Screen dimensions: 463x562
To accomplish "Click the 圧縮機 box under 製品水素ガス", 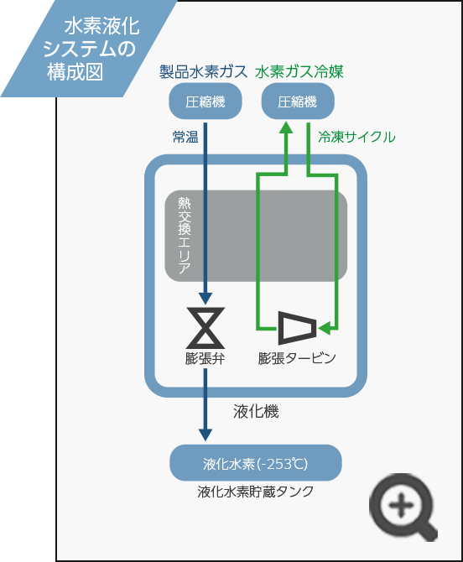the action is pos(205,101).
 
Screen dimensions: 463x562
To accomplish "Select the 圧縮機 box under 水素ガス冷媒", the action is pos(298,101).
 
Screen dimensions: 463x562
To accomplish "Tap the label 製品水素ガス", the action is pos(203,71).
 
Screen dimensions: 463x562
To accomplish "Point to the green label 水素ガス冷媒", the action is pos(299,71).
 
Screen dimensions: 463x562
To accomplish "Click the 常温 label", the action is pos(185,137).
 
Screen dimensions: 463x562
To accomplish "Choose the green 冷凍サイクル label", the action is pos(356,137).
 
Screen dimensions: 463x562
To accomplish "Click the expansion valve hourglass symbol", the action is pos(205,328).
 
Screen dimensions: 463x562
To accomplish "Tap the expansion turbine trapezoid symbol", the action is pos(298,328).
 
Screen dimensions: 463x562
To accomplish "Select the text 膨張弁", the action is pos(205,358).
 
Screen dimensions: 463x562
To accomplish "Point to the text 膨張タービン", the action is pos(297,358).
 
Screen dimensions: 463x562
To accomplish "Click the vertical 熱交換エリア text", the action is pos(185,235).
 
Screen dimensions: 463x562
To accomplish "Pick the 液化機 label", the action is pos(256,412).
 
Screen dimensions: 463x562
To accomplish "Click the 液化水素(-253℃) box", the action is pos(256,463).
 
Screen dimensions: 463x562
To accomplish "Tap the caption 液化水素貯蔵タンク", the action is pos(256,492).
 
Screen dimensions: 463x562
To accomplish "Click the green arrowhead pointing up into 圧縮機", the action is pos(286,128).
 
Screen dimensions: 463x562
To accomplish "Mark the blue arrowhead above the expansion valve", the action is pos(205,299).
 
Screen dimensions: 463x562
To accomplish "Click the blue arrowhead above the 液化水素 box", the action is pos(205,435).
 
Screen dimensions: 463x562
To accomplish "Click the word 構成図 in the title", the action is pos(75,71).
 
